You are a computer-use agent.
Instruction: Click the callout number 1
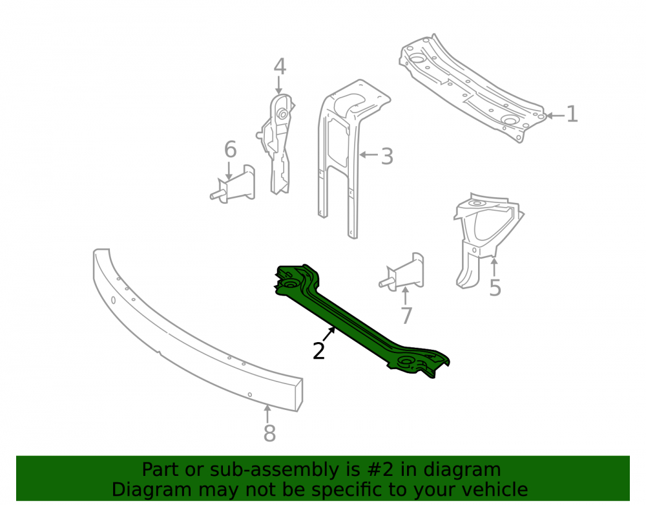coord(572,114)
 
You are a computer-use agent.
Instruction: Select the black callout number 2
coord(319,351)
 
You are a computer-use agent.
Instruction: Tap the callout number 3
coord(387,156)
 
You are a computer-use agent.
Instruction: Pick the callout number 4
coord(280,67)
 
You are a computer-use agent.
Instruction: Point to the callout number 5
coord(495,288)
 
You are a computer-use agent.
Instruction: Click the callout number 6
coord(231,149)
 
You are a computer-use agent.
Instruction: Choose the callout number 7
coord(406,316)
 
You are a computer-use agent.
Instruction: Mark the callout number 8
coord(269,433)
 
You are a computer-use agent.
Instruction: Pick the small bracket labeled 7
coord(406,272)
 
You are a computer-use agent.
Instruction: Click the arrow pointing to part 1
coord(556,116)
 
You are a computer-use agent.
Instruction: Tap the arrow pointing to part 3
coord(369,155)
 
